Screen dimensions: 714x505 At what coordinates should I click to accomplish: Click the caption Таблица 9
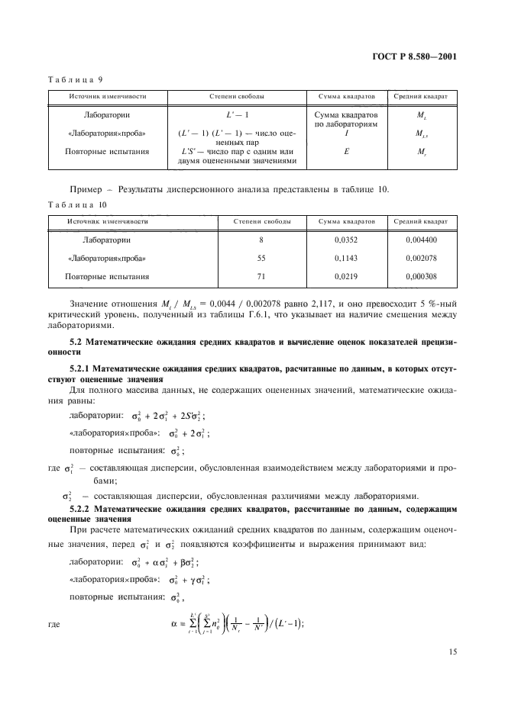[x=71, y=79]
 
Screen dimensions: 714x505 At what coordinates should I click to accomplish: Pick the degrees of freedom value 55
[x=261, y=258]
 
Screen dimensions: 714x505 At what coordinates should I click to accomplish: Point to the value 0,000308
[x=420, y=276]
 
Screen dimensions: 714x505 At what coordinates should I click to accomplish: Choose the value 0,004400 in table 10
[x=420, y=240]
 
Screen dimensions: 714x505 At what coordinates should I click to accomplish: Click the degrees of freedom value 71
[x=261, y=276]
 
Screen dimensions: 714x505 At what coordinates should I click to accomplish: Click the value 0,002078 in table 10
[x=420, y=258]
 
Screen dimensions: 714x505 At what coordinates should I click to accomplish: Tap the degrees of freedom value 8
[x=261, y=240]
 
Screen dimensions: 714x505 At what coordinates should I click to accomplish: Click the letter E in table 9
[x=346, y=151]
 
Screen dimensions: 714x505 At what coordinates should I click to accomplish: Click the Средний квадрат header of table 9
[x=420, y=97]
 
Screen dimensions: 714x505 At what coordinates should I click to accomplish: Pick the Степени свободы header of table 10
[x=261, y=221]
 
